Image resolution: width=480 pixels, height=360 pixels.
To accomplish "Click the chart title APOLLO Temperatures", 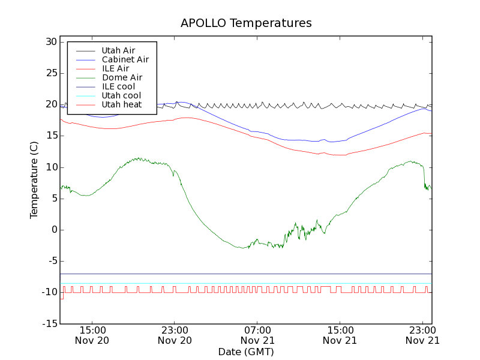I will (x=246, y=23).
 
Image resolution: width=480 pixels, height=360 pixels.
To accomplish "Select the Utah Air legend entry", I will (x=118, y=50).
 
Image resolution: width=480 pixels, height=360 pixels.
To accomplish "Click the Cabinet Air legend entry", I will (x=125, y=59).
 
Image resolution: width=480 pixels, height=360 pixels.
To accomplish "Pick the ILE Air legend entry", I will (x=115, y=68).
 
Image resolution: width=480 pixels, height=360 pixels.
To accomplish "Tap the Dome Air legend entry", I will (x=122, y=77).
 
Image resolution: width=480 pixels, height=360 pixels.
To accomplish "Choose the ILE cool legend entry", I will (x=118, y=86).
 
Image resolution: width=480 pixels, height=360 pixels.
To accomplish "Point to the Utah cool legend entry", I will (x=121, y=95).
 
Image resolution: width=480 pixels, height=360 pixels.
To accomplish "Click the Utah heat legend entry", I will (x=121, y=104).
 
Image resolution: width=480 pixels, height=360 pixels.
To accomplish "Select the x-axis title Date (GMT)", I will (x=246, y=352).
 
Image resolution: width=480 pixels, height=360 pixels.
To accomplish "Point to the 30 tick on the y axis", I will (x=50, y=42).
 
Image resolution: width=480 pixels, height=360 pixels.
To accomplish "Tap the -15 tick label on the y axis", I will (x=48, y=323).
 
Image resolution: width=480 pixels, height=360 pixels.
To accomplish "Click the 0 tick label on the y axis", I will (x=53, y=230).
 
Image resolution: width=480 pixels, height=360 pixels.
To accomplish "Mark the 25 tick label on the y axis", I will (x=50, y=73).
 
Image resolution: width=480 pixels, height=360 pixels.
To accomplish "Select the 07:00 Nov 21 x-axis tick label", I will (x=257, y=335).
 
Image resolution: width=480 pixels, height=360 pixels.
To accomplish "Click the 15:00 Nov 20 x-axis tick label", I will (x=92, y=335).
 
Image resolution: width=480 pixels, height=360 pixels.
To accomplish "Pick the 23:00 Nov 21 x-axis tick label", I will (x=422, y=335).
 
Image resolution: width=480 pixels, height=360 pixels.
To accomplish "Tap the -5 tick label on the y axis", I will (x=50, y=261).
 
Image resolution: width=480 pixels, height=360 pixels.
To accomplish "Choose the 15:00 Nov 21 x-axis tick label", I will (x=340, y=335).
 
